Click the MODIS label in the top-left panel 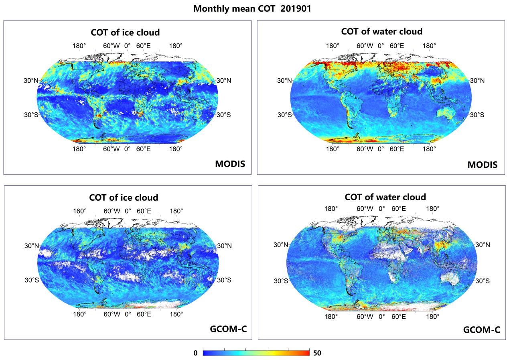pos(230,164)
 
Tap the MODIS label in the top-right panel pos(482,165)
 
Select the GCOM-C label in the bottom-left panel pos(228,329)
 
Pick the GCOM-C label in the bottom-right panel pos(481,330)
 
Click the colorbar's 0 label pos(195,353)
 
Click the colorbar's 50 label pos(317,353)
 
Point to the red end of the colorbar pos(307,353)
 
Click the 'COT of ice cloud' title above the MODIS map pos(125,32)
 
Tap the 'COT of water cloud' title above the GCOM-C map pos(385,197)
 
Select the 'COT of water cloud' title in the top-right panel pos(381,31)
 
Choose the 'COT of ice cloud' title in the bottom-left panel pos(124,197)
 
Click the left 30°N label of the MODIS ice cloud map pos(30,81)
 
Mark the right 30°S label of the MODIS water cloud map pos(477,115)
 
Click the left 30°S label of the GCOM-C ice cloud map pos(31,280)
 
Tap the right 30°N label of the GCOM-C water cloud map pos(482,245)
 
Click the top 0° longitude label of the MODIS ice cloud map pos(127,46)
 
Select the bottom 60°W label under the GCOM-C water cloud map pos(365,316)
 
